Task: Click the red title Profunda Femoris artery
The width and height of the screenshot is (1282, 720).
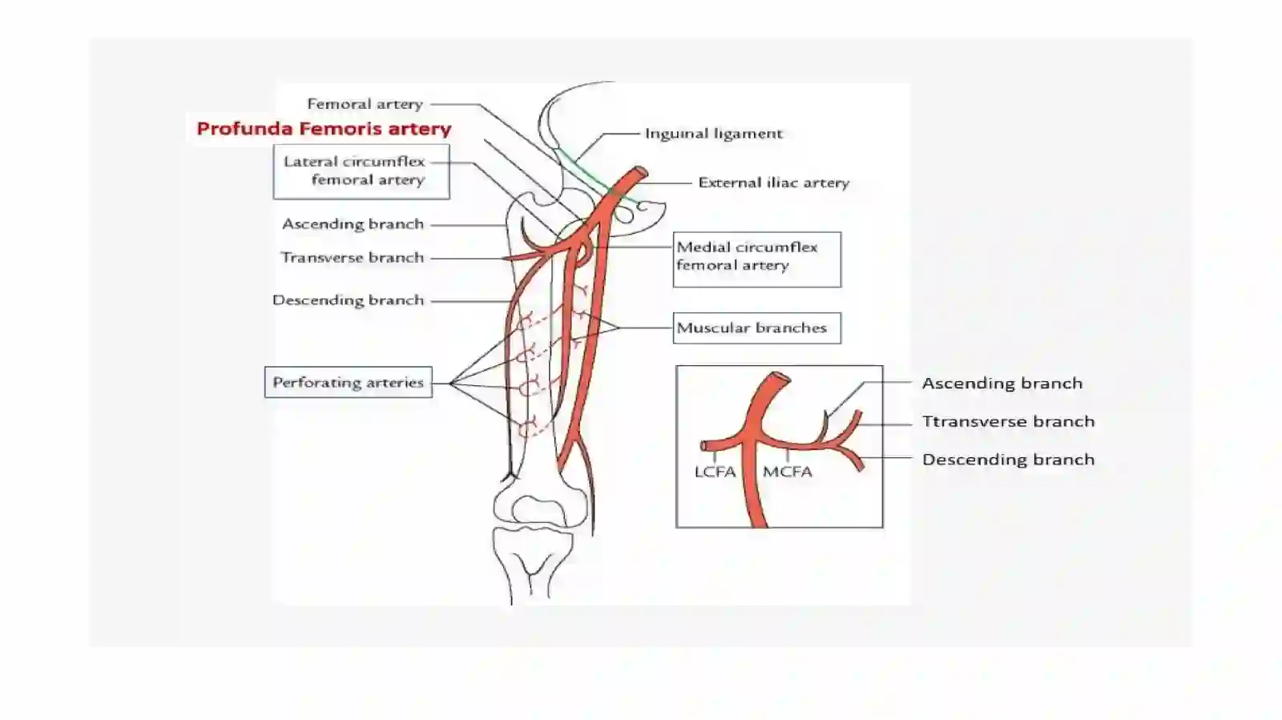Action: (x=324, y=129)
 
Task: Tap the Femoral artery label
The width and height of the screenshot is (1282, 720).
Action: (x=365, y=104)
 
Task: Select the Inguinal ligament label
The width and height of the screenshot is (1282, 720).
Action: (x=714, y=134)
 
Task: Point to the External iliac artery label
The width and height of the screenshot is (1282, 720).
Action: (x=774, y=183)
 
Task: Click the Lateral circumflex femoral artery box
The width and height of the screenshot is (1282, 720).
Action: (x=361, y=171)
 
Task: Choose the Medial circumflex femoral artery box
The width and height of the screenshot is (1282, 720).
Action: (x=757, y=259)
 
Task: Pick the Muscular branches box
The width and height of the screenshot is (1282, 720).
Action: (x=757, y=328)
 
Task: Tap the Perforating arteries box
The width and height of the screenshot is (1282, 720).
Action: (x=348, y=382)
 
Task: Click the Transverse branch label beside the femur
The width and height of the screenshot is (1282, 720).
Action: (x=353, y=258)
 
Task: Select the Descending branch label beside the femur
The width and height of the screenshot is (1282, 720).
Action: (x=348, y=300)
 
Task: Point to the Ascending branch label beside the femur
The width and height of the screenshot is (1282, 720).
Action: (x=353, y=224)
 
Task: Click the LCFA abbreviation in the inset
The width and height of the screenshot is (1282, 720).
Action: (x=715, y=472)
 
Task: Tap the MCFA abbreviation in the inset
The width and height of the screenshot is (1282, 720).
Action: (x=788, y=472)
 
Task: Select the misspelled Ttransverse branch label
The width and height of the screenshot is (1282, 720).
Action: (x=1009, y=421)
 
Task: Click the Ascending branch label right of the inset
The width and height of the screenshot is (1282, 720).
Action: (x=1002, y=383)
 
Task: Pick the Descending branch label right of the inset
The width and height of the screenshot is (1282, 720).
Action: (x=1009, y=460)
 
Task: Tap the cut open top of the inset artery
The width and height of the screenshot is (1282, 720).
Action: (x=780, y=378)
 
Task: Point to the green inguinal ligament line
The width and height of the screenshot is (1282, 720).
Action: (x=595, y=175)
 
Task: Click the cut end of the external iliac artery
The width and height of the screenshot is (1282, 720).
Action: (x=641, y=171)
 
